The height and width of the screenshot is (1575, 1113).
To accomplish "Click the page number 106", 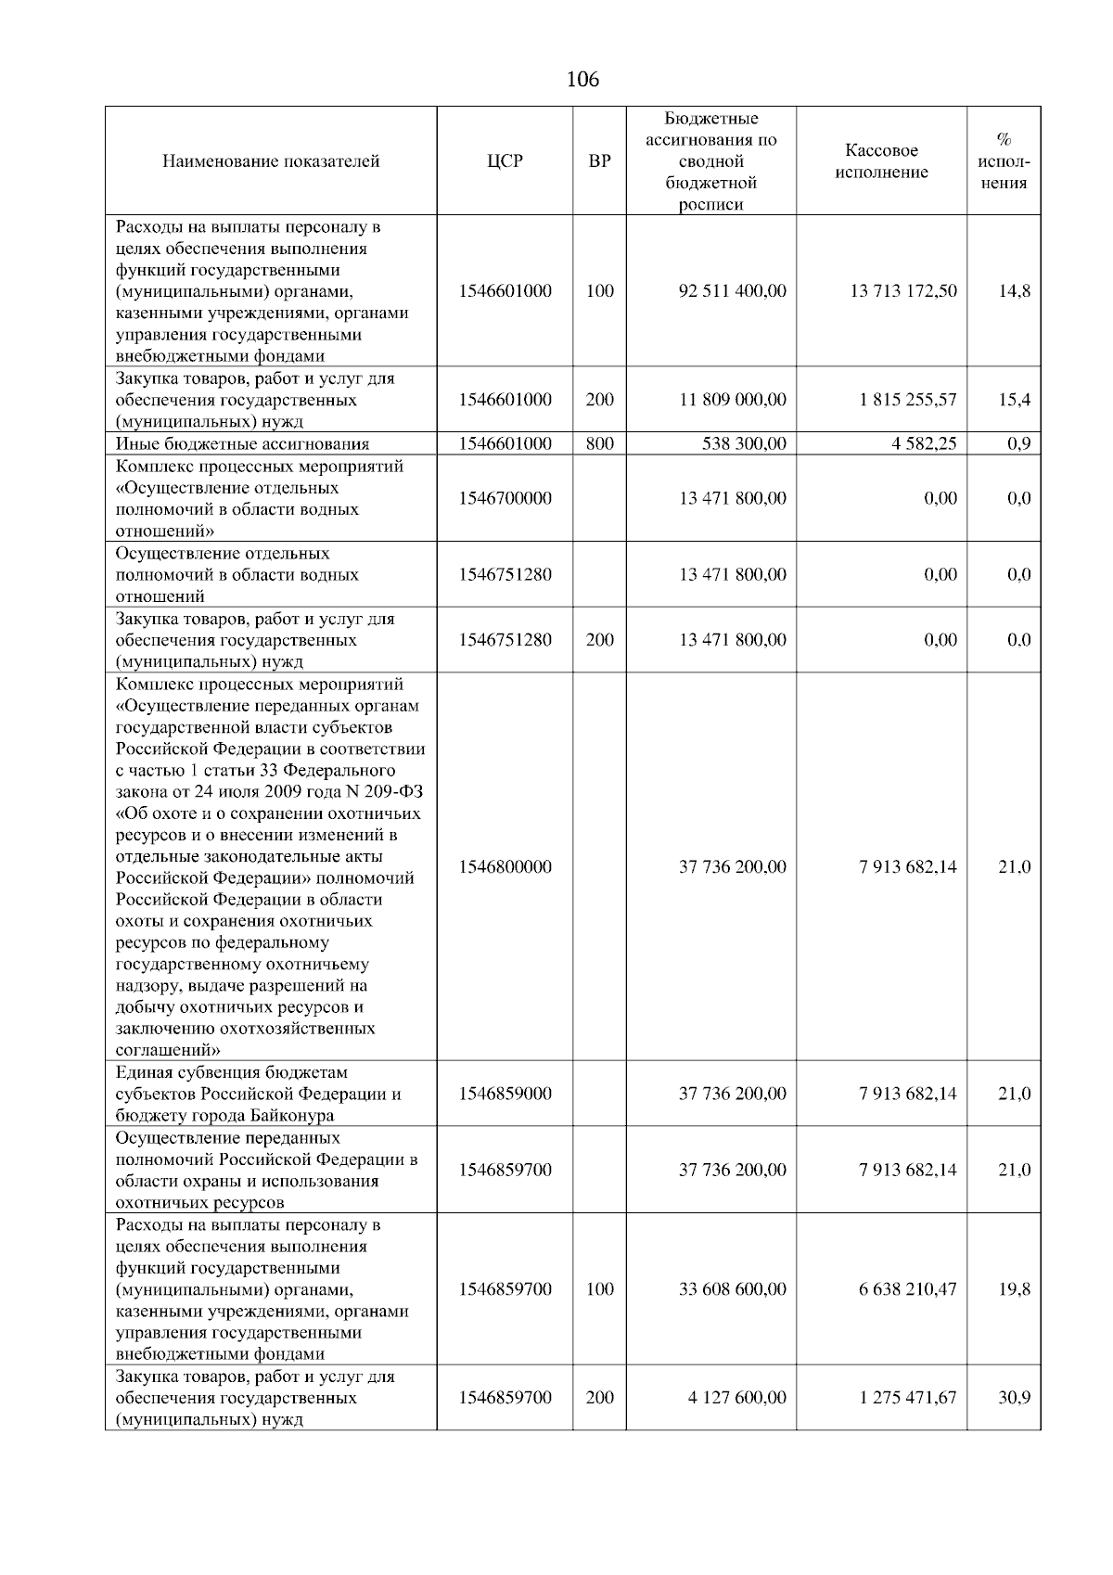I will click(x=582, y=80).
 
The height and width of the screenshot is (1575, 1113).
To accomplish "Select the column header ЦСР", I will click(x=505, y=161).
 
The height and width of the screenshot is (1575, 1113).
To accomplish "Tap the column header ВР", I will click(x=600, y=161).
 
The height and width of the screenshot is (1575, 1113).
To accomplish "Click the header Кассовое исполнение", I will click(x=881, y=161).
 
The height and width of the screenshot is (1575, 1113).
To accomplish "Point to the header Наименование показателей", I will click(x=271, y=161).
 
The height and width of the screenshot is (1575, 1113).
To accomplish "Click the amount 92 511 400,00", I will click(x=732, y=291).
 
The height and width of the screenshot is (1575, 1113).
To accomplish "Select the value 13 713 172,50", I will click(x=902, y=291).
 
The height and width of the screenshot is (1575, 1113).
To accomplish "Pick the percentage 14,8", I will click(x=1014, y=291).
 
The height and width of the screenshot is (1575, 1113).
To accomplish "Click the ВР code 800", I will click(x=600, y=444).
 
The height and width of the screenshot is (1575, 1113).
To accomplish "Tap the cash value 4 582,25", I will click(x=924, y=444).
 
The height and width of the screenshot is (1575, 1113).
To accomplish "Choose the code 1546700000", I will click(x=505, y=499).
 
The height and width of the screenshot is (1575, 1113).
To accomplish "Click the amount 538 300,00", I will click(x=744, y=444).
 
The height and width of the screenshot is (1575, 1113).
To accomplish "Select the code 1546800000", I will click(x=505, y=867).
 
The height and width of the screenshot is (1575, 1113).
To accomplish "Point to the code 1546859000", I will click(x=505, y=1095).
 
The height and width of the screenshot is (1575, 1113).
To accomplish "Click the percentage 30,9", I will click(x=1014, y=1398).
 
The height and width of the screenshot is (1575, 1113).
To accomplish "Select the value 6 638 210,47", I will click(x=907, y=1289).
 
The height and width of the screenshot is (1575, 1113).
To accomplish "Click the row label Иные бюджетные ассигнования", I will click(x=242, y=444).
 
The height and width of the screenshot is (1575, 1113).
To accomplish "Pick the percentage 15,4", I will click(x=1014, y=401).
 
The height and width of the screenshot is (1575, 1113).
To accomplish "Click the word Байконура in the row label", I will click(x=288, y=1116).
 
